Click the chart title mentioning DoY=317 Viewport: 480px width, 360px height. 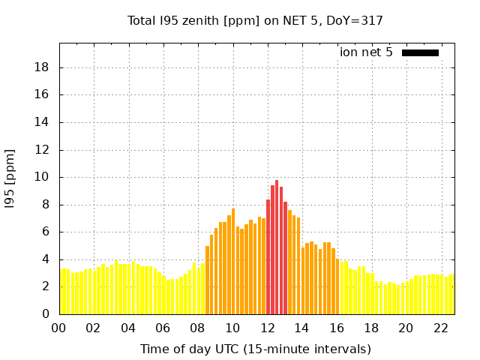click(x=255, y=21)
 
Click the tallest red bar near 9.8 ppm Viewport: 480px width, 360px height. click(x=277, y=247)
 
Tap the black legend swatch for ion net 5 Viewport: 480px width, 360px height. click(x=420, y=52)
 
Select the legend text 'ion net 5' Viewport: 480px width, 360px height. click(x=366, y=52)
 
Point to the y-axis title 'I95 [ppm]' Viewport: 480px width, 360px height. click(x=10, y=178)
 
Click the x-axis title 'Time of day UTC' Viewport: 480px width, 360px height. click(x=255, y=349)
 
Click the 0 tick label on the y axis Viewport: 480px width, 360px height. click(x=46, y=314)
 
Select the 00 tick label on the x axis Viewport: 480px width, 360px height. click(x=59, y=328)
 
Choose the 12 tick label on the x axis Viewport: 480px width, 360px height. click(x=268, y=328)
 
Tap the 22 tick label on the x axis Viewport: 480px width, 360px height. click(x=441, y=328)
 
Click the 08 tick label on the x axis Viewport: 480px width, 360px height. click(x=198, y=328)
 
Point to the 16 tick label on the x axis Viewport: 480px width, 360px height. click(x=337, y=328)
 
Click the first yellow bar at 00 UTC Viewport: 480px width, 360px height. click(x=61, y=292)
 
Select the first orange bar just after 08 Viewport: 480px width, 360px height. click(x=208, y=281)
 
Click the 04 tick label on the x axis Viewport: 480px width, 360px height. click(x=128, y=328)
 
